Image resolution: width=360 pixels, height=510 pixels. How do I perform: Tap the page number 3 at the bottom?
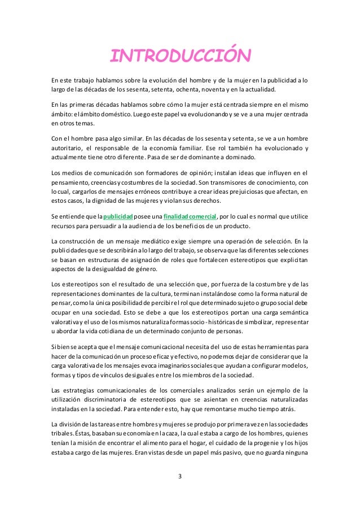tap(179, 476)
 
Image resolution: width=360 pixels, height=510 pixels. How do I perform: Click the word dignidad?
tap(100, 200)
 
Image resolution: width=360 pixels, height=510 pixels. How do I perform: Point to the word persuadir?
tap(108, 226)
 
